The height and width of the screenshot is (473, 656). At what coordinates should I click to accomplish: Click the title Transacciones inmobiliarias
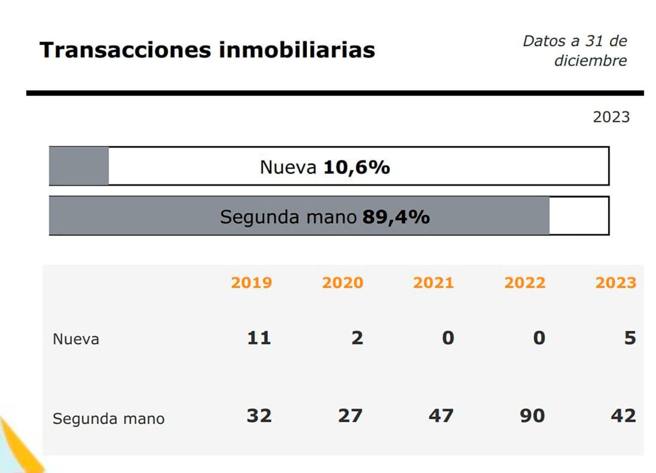(207, 50)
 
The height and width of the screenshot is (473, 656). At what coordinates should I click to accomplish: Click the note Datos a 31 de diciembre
(575, 51)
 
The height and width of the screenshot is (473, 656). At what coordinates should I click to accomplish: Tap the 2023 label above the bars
(611, 117)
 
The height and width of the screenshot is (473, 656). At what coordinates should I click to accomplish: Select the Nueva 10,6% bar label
(325, 167)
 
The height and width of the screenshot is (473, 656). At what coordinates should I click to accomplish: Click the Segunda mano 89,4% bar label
(325, 217)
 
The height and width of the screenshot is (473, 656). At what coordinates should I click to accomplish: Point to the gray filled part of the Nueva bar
(79, 166)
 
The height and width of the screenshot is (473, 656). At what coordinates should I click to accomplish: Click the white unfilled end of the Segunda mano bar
(578, 216)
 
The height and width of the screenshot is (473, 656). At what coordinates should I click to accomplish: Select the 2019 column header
(251, 283)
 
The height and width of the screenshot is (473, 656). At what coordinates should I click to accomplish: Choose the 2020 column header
(342, 283)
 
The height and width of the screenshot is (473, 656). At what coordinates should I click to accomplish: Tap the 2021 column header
(433, 283)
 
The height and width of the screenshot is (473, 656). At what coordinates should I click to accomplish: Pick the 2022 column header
(525, 283)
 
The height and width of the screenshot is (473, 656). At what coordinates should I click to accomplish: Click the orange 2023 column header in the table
(616, 283)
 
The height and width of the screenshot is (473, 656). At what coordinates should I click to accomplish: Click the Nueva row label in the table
(76, 339)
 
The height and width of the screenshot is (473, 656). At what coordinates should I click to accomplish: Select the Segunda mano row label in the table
(108, 418)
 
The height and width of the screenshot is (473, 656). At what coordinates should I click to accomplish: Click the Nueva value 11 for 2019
(259, 338)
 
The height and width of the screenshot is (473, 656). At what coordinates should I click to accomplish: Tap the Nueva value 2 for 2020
(357, 338)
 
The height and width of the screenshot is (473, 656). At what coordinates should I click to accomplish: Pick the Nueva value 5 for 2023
(630, 338)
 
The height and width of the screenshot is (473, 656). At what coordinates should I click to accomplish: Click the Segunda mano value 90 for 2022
(532, 415)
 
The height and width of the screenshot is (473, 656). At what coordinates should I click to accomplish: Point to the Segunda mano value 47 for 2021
(441, 415)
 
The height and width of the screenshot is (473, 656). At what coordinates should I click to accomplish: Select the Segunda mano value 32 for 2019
(259, 415)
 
